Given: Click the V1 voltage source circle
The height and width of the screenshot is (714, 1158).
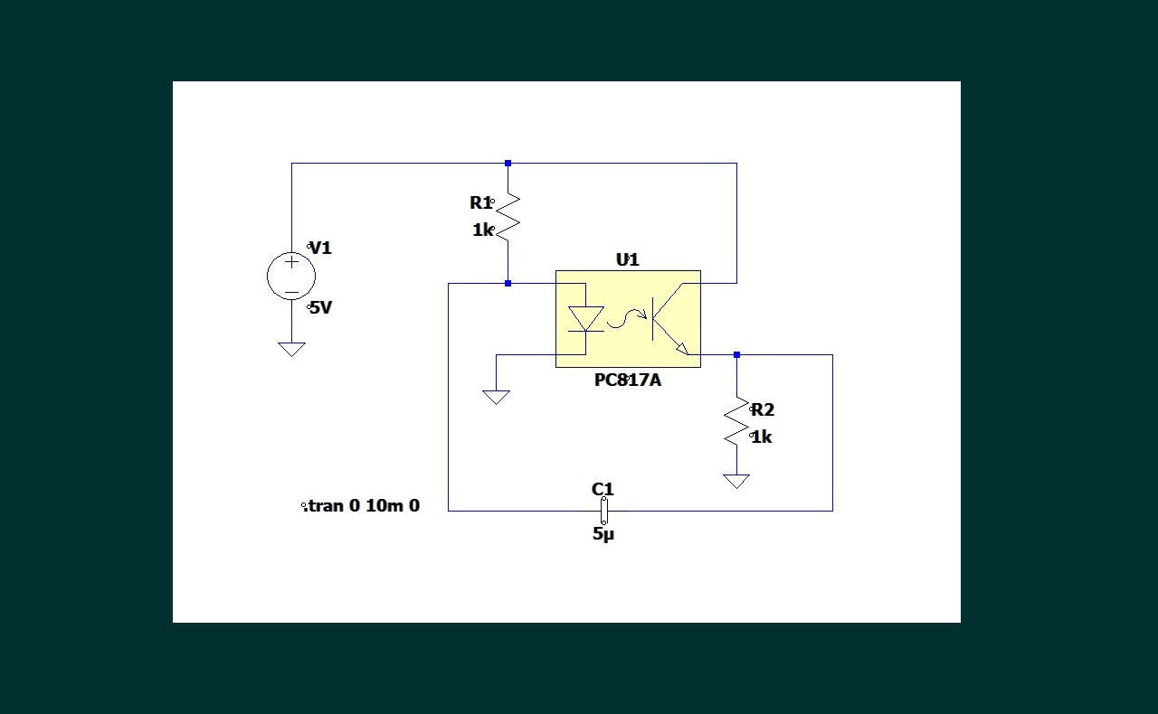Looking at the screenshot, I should pos(291,276).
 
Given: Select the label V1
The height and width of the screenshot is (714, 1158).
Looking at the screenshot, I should pos(321,248).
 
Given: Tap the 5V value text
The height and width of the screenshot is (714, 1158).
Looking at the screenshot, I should pos(321,307).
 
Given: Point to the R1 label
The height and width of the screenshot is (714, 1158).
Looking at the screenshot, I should pos(480,203).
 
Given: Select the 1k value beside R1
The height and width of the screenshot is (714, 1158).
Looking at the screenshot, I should pos(483,230).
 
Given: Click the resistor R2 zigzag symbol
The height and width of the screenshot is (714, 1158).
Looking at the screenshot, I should pos(736,421).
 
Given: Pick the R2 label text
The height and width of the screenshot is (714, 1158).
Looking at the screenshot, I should pos(763,409).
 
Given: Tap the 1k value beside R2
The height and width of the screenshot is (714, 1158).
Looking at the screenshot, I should pos(762,437).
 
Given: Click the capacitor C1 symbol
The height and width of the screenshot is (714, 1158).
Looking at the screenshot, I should pos(603,512).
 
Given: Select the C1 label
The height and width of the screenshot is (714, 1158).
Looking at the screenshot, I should pos(603,489).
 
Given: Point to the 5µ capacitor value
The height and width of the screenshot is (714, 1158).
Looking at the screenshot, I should pos(603,534).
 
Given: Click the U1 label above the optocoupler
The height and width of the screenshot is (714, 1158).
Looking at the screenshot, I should pos(627,259).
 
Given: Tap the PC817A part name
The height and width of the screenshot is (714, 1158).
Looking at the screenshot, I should pos(627,380).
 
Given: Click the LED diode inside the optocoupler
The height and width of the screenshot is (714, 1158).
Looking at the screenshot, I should pos(585,319).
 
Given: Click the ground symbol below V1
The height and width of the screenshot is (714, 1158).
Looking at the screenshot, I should pos(291,349).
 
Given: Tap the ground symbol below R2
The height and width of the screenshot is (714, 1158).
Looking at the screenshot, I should pos(736,481).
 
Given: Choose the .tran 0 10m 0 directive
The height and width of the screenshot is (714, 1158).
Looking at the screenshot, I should pos(362,506).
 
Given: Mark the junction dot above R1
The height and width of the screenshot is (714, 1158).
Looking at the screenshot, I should pos(508,164).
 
